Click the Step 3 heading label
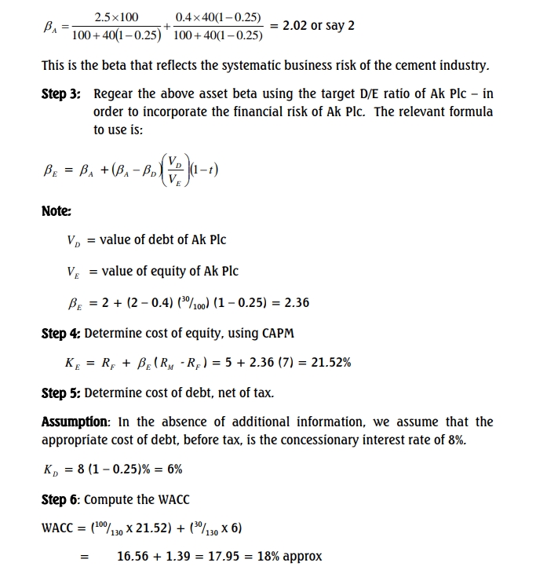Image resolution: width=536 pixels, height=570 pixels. (61, 93)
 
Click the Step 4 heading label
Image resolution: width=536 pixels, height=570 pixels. (60, 333)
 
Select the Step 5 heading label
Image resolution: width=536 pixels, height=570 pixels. (60, 393)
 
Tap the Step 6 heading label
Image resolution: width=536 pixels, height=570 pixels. (60, 499)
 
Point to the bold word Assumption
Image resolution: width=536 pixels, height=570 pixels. (75, 422)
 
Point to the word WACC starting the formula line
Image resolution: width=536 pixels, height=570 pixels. (59, 528)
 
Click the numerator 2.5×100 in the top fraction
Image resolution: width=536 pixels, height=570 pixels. (116, 16)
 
